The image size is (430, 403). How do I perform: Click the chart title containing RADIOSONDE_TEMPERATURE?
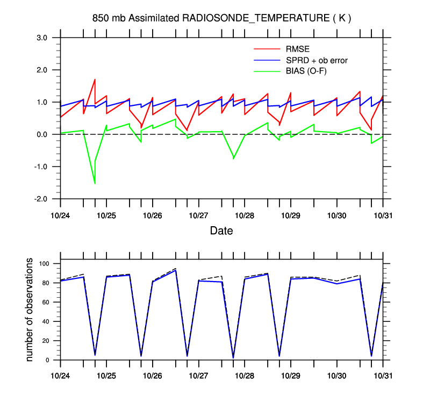(x=221, y=18)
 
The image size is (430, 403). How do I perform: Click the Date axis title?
(x=221, y=231)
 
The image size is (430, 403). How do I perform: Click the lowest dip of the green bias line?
(x=95, y=183)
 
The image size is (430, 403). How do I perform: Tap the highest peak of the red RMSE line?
(x=95, y=80)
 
